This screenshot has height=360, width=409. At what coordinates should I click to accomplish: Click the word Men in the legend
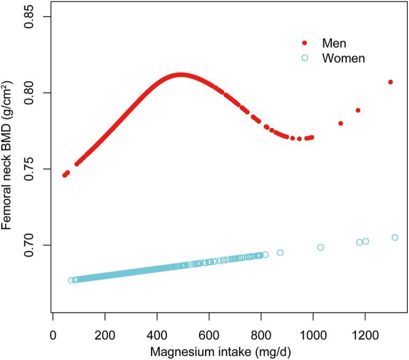coord(334,43)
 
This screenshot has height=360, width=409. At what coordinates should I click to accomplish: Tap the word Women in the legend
coord(344,58)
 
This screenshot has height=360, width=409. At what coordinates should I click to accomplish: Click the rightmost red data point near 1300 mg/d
coord(390,82)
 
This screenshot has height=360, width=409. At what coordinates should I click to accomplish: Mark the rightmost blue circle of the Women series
coord(395,238)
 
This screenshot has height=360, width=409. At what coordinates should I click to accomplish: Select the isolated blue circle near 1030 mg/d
coord(320,247)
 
